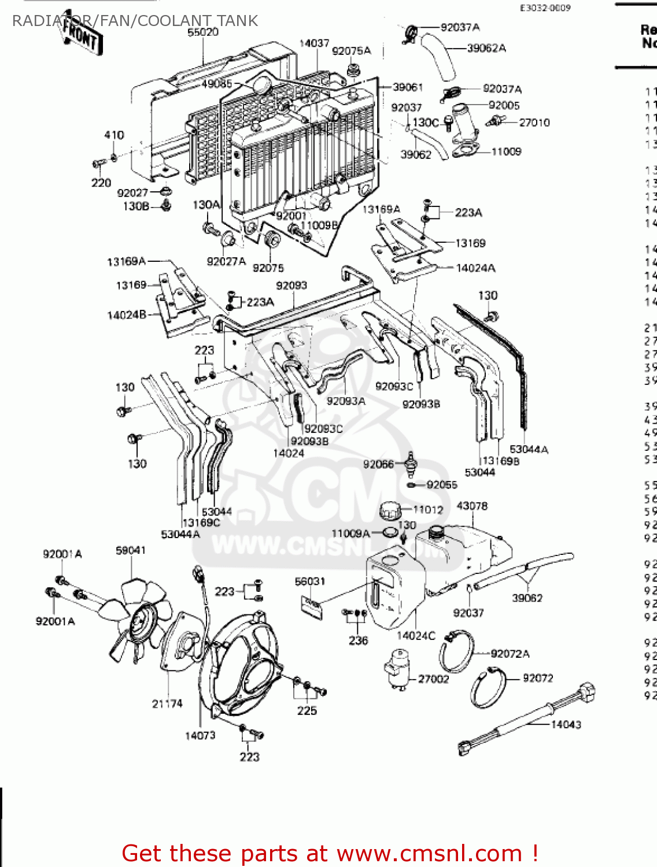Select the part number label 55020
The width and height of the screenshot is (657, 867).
pos(203,32)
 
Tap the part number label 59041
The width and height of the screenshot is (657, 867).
pos(131,550)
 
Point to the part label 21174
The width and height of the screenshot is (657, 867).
pos(167,703)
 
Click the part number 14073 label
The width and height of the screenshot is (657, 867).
pos(200,735)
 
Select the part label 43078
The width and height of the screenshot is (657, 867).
pos(472,506)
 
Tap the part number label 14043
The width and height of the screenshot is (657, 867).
pos(566,724)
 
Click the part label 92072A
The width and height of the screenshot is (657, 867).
pos(510,654)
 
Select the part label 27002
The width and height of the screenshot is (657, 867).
pos(433,679)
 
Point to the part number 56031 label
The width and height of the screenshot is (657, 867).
pos(310,581)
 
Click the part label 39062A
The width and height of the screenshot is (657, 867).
pos(486,48)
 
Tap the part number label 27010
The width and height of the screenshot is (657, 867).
pos(534,123)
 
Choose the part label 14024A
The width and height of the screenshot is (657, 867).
pos(475,268)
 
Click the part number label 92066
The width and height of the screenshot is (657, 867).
pos(378,464)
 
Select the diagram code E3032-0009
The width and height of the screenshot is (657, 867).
pos(545,8)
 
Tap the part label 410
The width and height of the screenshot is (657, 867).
pos(114,135)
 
